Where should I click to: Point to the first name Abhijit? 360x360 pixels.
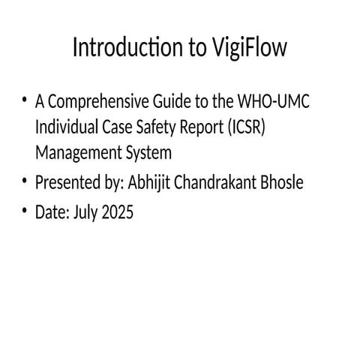pyautogui.click(x=151, y=182)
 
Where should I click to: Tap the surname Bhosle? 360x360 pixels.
pyautogui.click(x=283, y=182)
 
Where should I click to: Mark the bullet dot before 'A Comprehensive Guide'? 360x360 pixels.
pyautogui.click(x=25, y=100)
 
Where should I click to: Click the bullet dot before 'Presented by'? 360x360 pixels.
pyautogui.click(x=25, y=181)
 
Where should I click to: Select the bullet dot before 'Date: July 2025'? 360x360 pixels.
pyautogui.click(x=25, y=211)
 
